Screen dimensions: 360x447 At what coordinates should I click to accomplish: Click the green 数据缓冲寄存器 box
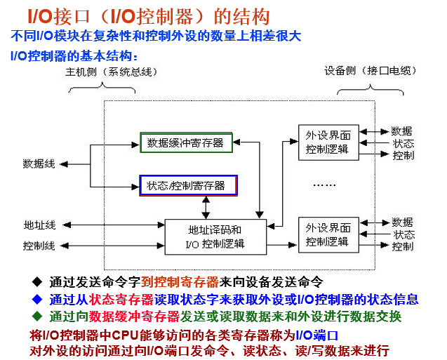click(x=185, y=143)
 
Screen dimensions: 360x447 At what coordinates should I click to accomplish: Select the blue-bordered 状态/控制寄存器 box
click(x=188, y=185)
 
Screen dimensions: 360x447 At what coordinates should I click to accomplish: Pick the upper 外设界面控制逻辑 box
click(x=328, y=141)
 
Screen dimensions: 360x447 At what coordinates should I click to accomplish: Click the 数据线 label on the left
click(x=39, y=164)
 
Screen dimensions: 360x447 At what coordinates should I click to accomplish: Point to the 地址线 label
click(x=39, y=225)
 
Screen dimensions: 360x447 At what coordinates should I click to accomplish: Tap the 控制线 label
click(x=39, y=246)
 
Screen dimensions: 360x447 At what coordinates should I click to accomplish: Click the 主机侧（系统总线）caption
click(x=112, y=72)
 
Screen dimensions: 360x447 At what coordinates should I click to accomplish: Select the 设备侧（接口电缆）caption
click(x=367, y=72)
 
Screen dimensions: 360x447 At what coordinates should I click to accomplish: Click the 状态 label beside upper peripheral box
click(x=403, y=143)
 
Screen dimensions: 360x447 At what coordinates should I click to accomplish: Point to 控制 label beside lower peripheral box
click(x=403, y=246)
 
